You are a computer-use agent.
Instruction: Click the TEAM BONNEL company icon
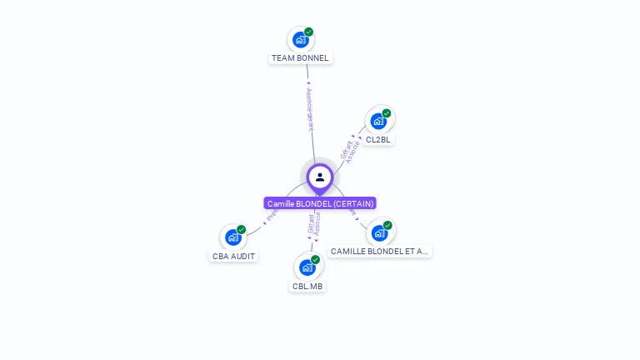[300, 40]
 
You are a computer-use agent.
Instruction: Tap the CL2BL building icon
[378, 121]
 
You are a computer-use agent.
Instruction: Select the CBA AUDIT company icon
[232, 237]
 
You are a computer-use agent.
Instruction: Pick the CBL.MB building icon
[307, 267]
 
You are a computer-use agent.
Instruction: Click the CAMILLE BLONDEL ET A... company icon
[379, 232]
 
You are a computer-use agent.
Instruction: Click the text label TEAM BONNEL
[300, 58]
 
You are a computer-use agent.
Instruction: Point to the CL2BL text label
[378, 140]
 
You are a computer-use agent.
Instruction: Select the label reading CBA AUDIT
[233, 257]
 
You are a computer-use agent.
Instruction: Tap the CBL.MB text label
[307, 286]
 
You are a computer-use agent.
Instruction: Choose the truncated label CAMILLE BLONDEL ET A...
[379, 251]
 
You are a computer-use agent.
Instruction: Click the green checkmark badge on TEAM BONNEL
[309, 32]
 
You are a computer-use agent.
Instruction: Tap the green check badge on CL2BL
[387, 112]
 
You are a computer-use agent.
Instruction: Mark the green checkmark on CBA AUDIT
[242, 229]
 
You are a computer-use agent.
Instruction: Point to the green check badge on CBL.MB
[316, 259]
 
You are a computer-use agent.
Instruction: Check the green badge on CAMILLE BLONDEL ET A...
[387, 225]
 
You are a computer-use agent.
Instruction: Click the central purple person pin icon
[320, 177]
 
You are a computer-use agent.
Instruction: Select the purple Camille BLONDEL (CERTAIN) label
[320, 203]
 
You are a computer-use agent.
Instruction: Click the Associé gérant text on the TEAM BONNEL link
[309, 108]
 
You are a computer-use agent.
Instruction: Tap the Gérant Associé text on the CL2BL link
[350, 150]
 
